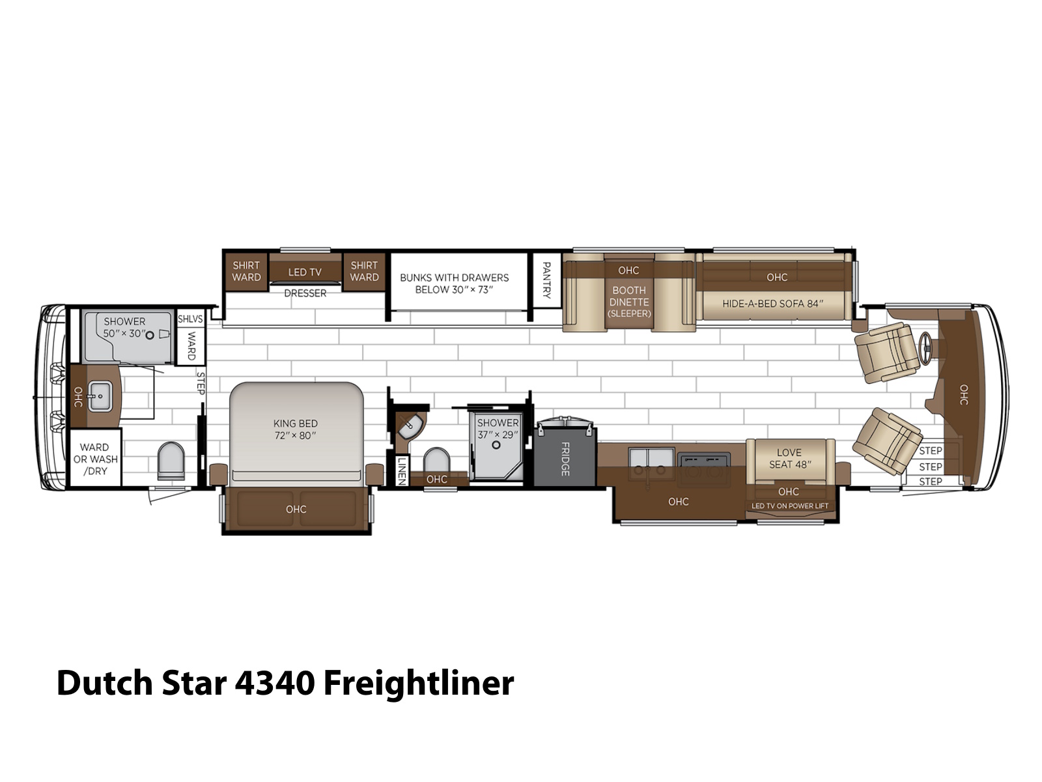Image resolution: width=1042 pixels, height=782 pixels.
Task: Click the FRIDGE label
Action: click(565, 459)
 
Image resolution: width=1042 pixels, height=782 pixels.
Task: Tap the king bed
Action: click(296, 433)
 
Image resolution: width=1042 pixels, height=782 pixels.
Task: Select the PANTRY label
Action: click(546, 280)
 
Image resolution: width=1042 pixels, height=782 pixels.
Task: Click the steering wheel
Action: click(925, 349)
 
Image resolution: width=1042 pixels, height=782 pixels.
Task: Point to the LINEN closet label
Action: click(402, 471)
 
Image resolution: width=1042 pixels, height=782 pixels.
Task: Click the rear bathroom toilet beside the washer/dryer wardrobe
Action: click(171, 460)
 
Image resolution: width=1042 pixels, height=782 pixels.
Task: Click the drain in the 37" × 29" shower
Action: click(496, 445)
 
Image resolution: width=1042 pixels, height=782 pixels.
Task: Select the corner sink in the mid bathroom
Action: click(409, 427)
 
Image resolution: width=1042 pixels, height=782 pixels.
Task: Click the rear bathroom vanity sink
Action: click(100, 396)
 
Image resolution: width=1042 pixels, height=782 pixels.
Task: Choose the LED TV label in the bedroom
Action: click(305, 272)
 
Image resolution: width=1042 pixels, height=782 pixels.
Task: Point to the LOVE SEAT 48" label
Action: click(790, 458)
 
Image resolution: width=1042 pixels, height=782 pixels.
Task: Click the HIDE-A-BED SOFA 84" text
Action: click(773, 304)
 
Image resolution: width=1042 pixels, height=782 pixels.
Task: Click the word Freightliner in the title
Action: click(419, 684)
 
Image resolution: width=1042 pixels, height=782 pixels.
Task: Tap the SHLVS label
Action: click(190, 319)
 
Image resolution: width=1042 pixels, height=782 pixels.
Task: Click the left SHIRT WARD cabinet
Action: click(246, 271)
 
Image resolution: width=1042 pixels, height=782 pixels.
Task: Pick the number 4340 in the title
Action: click(275, 683)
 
